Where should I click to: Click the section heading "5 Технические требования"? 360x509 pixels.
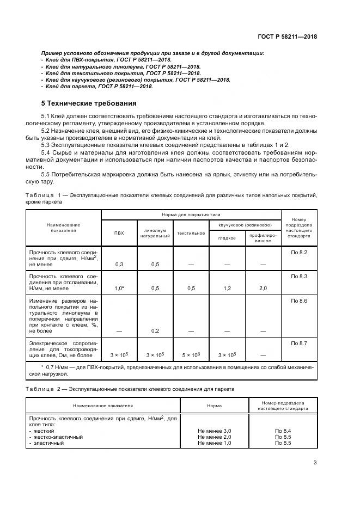pyautogui.click(x=89, y=103)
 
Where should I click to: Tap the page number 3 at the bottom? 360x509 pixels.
pyautogui.click(x=315, y=463)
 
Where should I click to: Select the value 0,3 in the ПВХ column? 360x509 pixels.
pyautogui.click(x=119, y=264)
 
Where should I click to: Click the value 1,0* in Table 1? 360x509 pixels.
pyautogui.click(x=119, y=288)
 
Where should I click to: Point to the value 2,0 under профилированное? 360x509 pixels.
pyautogui.click(x=263, y=288)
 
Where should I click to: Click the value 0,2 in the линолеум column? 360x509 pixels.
pyautogui.click(x=155, y=330)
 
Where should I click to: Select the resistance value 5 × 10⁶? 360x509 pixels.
pyautogui.click(x=191, y=355)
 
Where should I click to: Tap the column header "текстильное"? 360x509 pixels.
pyautogui.click(x=191, y=233)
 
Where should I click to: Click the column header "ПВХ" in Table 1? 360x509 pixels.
pyautogui.click(x=119, y=233)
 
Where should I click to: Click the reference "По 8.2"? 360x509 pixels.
pyautogui.click(x=299, y=253)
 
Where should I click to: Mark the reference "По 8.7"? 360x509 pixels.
pyautogui.click(x=299, y=343)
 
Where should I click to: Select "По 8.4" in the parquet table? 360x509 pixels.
pyautogui.click(x=283, y=431)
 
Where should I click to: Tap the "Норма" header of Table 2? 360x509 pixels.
pyautogui.click(x=214, y=406)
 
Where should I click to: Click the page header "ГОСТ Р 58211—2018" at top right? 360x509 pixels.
pyautogui.click(x=288, y=36)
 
